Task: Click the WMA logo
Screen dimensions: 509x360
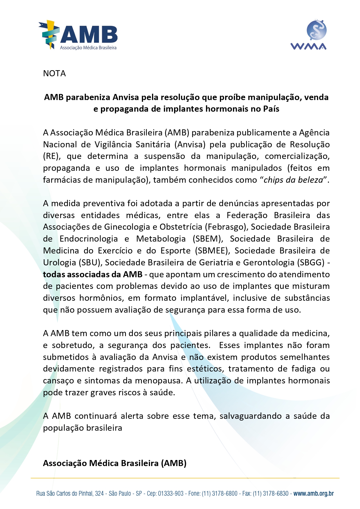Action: (308, 35)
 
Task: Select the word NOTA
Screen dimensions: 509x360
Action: (54, 73)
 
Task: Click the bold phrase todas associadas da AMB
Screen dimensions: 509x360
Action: (93, 274)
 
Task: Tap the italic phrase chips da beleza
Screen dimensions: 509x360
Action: (293, 180)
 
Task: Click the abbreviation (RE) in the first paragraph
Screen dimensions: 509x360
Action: (51, 156)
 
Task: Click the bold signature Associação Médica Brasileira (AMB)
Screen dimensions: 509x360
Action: (115, 463)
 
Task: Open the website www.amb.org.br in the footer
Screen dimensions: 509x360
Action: (313, 493)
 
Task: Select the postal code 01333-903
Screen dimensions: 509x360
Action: (171, 493)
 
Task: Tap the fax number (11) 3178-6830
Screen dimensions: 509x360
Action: (271, 493)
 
